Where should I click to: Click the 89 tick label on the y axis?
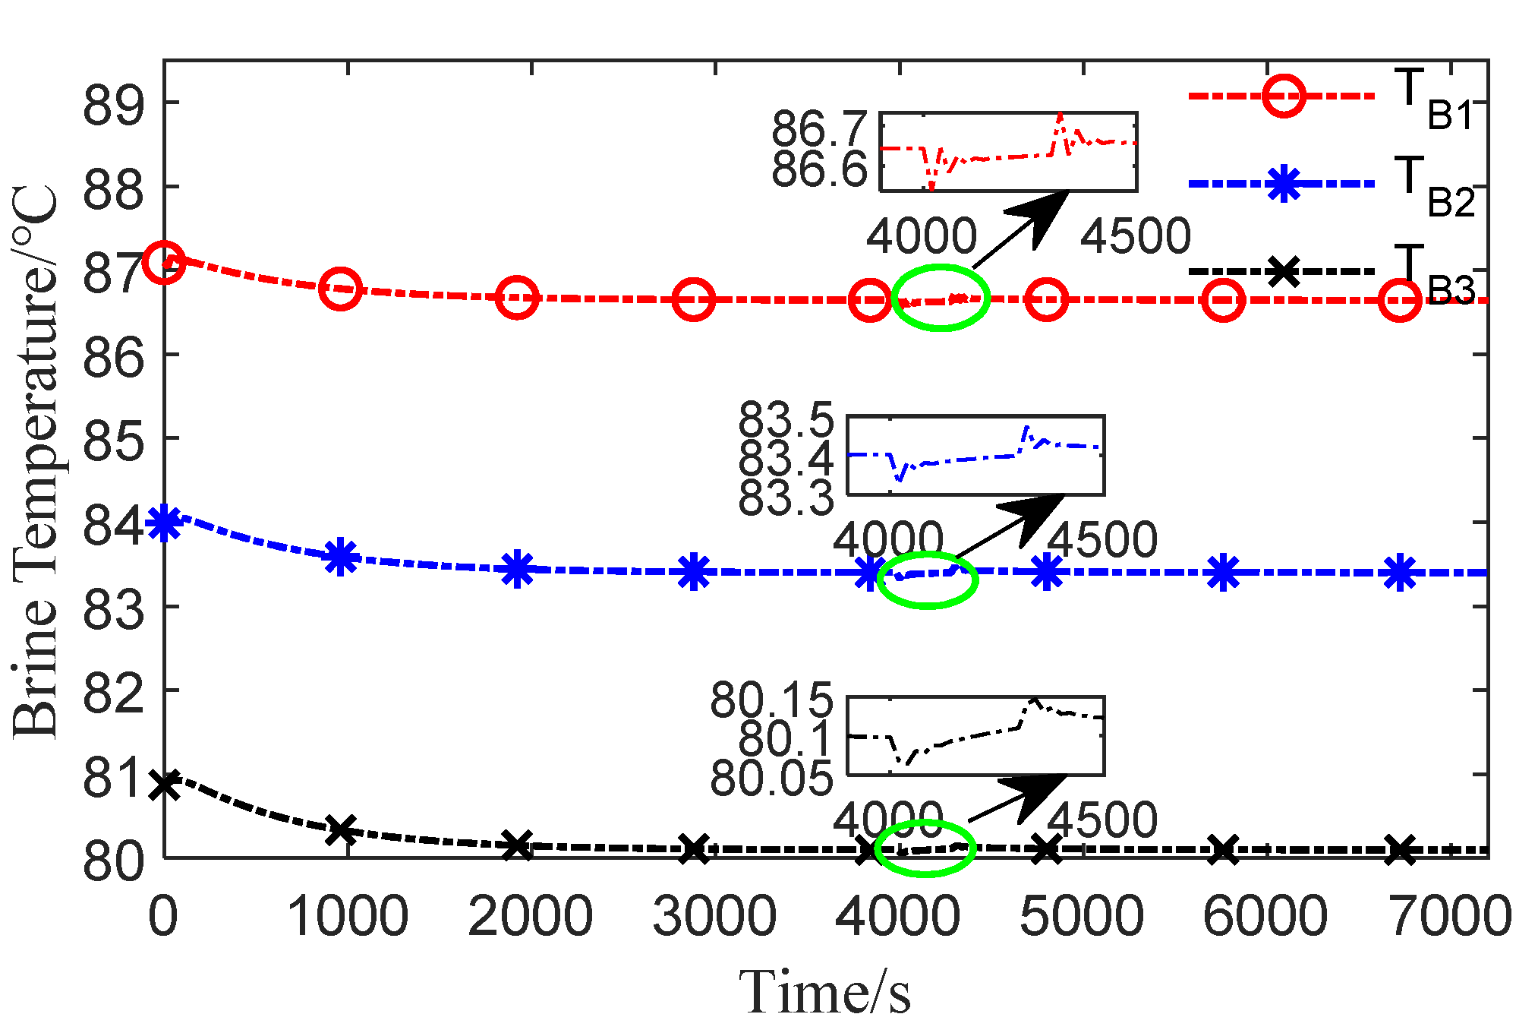[x=113, y=104]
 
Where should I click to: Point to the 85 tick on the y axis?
[x=113, y=440]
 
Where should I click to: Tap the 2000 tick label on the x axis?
[x=530, y=915]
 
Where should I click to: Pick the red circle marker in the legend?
[x=1284, y=96]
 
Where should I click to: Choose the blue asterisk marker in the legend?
[x=1284, y=184]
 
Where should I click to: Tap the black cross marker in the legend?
[x=1284, y=271]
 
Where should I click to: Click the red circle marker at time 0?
[x=164, y=262]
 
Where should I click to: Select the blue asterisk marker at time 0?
[x=164, y=523]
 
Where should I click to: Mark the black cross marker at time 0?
[x=164, y=785]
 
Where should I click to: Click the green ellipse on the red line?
[x=941, y=298]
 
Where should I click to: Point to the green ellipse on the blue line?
[x=928, y=579]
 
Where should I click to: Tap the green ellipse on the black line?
[x=925, y=848]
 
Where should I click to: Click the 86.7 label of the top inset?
[x=818, y=128]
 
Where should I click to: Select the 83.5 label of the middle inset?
[x=786, y=420]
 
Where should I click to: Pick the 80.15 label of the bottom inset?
[x=771, y=700]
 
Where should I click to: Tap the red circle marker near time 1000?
[x=340, y=289]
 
